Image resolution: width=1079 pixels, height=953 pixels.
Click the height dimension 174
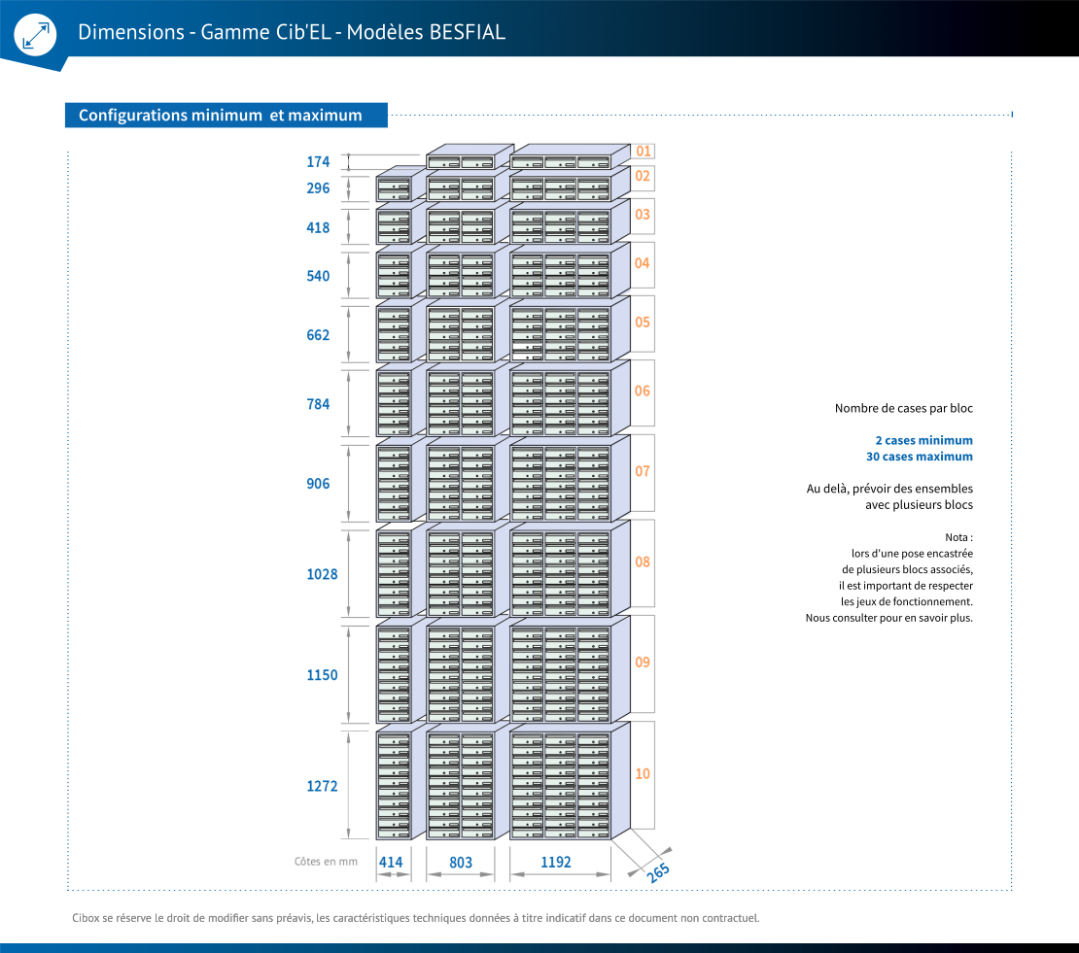[x=318, y=161]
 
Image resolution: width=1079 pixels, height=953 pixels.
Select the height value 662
[x=318, y=335]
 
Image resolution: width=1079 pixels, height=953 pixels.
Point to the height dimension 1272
[x=322, y=786]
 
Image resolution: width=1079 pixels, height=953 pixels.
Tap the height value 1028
[x=322, y=574]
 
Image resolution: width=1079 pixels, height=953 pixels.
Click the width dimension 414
[x=391, y=863]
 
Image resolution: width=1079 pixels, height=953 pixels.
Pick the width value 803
[x=461, y=863]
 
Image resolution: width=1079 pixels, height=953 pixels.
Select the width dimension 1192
[x=556, y=863]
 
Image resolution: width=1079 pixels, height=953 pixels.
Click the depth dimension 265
[x=658, y=871]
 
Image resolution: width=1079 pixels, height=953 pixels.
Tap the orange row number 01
[x=643, y=152]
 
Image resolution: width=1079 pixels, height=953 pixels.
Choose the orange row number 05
[x=643, y=323]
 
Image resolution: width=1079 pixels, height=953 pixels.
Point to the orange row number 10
[x=643, y=774]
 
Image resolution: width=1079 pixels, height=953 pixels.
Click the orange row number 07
[x=643, y=472]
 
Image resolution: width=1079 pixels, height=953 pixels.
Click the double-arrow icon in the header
[x=36, y=35]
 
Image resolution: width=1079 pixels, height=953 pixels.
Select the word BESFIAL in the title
[x=468, y=32]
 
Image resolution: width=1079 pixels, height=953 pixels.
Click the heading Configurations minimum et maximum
[x=221, y=115]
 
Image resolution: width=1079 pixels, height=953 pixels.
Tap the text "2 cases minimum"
[x=924, y=440]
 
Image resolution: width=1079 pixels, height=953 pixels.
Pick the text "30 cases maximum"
[x=920, y=457]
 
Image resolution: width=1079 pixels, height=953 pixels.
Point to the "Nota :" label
[x=958, y=537]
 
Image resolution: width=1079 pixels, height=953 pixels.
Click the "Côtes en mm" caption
[x=327, y=862]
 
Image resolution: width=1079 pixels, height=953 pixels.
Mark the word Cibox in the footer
[x=86, y=918]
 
